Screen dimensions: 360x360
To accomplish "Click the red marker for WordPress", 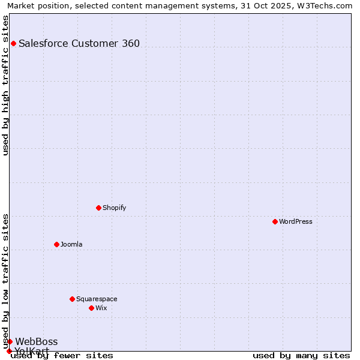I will [275, 221].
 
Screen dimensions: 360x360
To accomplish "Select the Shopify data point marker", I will [98, 208].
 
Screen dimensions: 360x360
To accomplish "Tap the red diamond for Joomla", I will [56, 244].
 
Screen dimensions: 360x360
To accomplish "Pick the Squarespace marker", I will [72, 299].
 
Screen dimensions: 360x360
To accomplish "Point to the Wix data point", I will [91, 308].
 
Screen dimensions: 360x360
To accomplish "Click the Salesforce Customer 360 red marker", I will [13, 43].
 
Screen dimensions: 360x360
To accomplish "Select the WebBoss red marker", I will [10, 341].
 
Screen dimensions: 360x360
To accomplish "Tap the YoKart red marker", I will [9, 351].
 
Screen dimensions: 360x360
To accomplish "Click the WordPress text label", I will [296, 221].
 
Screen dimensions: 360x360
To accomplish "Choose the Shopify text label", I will [114, 208].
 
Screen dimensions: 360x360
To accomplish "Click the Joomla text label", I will [71, 244].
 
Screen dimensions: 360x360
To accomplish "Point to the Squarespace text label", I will [97, 299].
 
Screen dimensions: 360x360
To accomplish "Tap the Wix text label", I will [101, 308].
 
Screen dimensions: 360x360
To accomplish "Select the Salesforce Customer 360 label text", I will [79, 43].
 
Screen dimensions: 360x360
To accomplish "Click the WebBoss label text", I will [37, 341].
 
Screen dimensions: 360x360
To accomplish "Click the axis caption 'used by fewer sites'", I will [62, 356].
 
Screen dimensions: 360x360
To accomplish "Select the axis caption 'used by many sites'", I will [301, 356].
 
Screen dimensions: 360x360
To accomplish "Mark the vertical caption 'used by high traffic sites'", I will [5, 85].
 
